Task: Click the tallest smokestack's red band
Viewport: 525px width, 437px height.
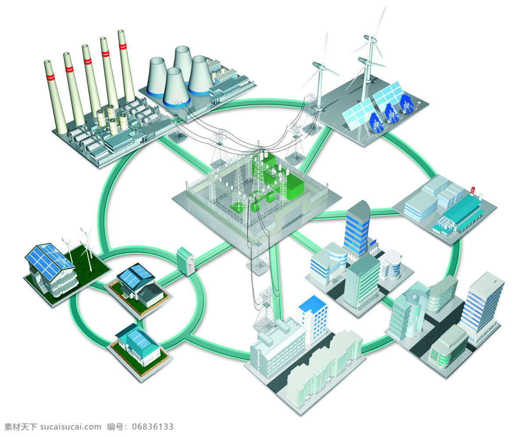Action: click(122, 46)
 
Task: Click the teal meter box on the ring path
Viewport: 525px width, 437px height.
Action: click(185, 261)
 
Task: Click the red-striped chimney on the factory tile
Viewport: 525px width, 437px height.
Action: click(472, 191)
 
